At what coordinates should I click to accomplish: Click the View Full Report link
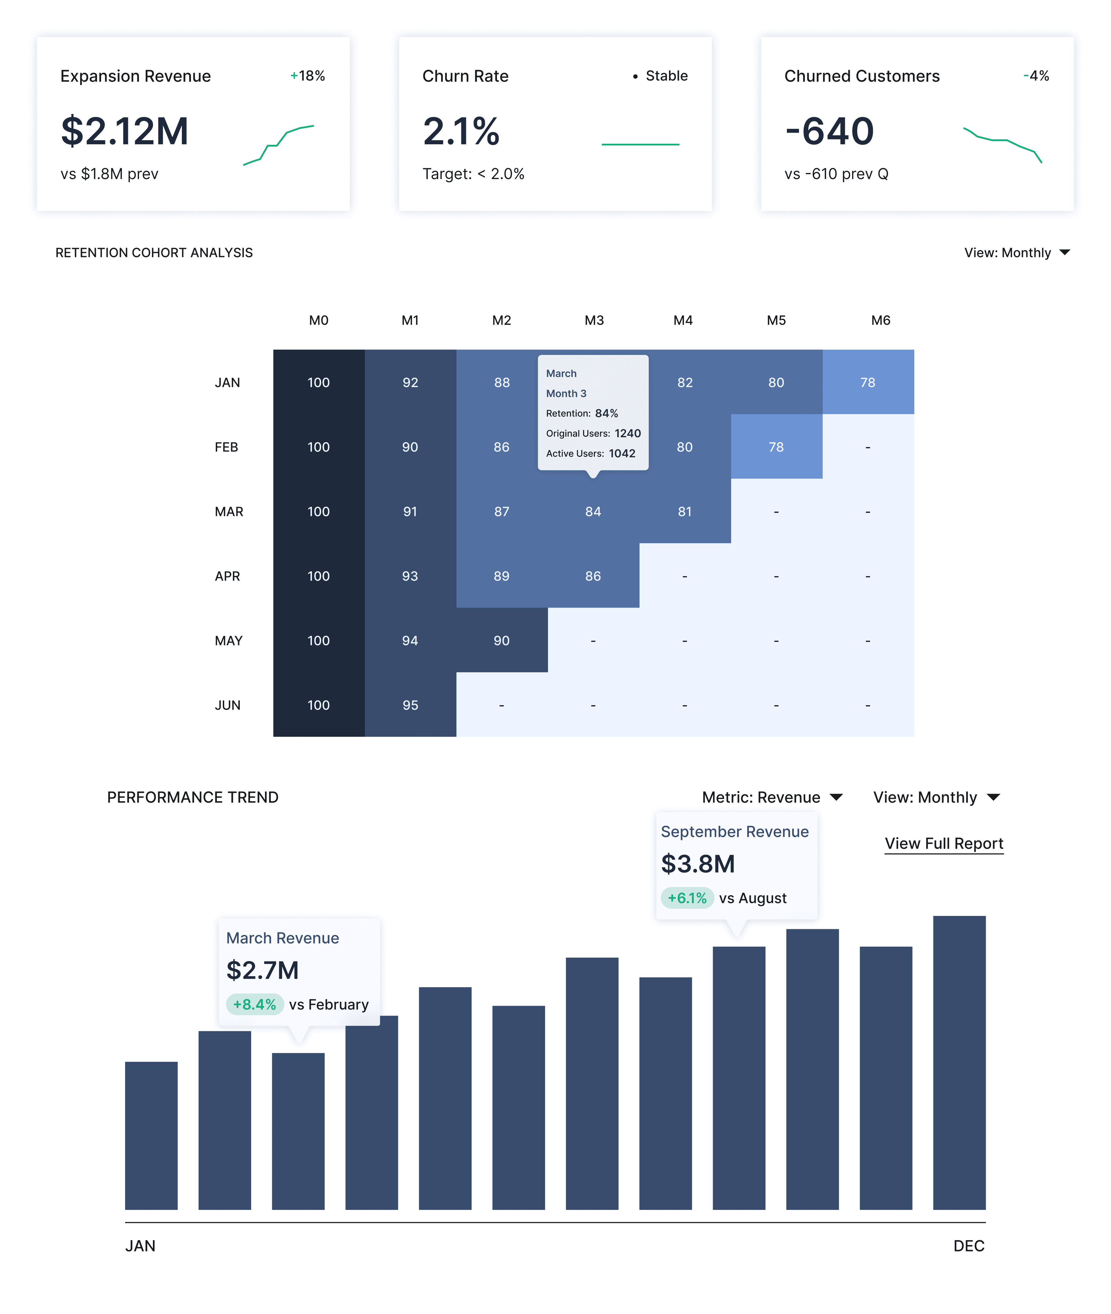(944, 843)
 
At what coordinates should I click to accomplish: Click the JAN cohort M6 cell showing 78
(868, 382)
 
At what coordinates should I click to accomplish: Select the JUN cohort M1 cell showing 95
(410, 705)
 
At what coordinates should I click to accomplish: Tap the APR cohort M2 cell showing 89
(501, 576)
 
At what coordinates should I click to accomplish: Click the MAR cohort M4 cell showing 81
(685, 511)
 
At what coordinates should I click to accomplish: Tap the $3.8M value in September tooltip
(698, 864)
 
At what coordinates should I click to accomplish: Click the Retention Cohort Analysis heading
(154, 253)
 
